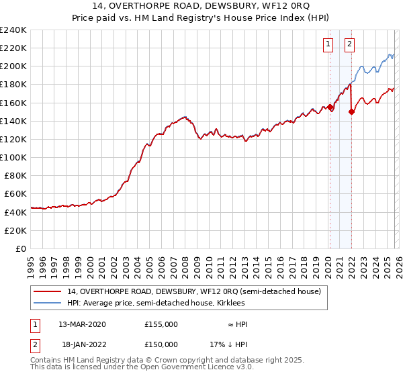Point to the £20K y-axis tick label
[x=15, y=230]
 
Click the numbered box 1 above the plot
[x=328, y=45]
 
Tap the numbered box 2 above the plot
[x=350, y=45]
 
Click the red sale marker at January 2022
[x=351, y=112]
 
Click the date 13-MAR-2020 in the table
[x=82, y=324]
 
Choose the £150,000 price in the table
[x=161, y=344]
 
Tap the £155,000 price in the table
[x=161, y=324]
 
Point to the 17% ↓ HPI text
[x=228, y=344]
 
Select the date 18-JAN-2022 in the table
[x=82, y=344]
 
